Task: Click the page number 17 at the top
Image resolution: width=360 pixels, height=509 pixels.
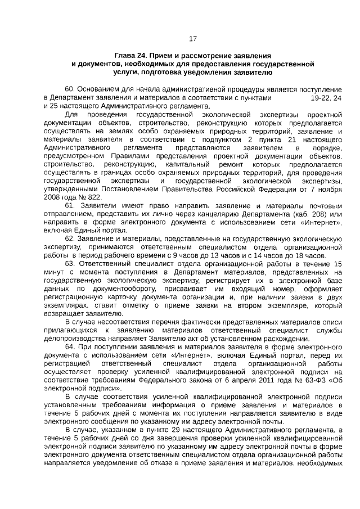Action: tap(193, 39)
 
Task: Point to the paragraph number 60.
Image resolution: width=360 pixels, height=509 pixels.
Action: tap(70, 89)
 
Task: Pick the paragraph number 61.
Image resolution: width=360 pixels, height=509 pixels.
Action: tap(70, 206)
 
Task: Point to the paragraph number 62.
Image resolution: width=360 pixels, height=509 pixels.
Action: tap(70, 239)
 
